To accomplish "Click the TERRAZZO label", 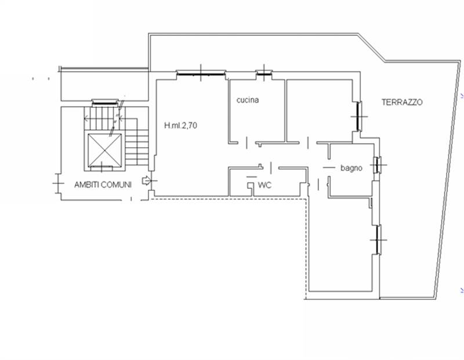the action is coord(402,103).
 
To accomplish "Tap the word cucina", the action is coord(248,100).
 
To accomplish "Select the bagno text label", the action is coord(351,168).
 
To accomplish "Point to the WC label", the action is coord(264,185).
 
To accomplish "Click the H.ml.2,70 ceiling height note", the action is coord(180,125).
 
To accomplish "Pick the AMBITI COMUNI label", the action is coord(103,185).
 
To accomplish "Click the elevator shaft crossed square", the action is coord(105,150).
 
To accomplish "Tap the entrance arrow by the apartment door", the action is coord(146,180).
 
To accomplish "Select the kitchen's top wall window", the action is coord(264,73).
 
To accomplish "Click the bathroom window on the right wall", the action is coord(376,165).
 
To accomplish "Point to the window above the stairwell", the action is coord(105,103).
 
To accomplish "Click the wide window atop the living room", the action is coord(201,73).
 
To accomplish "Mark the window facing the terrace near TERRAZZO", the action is coord(359,117).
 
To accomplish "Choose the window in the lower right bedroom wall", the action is coord(378,239).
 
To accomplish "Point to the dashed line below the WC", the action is coord(228,199).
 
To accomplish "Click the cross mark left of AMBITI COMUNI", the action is coord(58,183).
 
